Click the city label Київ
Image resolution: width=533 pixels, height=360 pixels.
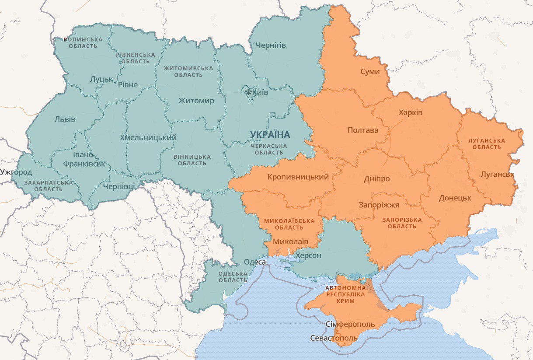261,92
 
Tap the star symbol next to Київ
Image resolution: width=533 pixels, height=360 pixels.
249,92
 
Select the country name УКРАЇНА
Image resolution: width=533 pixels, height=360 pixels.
270,134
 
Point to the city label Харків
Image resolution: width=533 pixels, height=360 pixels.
411,112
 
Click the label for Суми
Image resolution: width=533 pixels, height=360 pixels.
370,71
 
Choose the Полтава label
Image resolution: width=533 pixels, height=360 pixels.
362,130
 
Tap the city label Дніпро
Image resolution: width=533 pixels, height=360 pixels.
376,178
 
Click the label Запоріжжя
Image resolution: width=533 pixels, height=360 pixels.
379,205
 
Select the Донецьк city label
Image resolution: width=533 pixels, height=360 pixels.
455,198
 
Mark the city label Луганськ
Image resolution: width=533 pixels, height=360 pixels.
497,175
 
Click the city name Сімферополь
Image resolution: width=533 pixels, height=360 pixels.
350,324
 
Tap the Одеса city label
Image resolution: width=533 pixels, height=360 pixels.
254,262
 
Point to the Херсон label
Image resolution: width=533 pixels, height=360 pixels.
308,255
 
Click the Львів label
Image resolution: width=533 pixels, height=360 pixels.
65,119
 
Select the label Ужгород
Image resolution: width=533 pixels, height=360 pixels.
16,172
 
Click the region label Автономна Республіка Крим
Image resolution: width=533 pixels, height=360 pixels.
346,294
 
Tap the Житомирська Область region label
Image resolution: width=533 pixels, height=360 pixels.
188,71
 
